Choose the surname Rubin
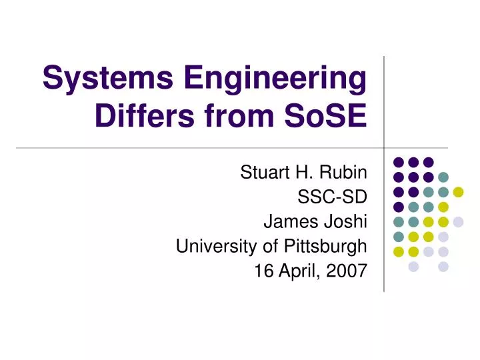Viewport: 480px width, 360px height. pyautogui.click(x=341, y=173)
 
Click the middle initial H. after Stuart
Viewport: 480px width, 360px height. pyautogui.click(x=301, y=173)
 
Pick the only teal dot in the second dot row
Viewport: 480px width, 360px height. pyautogui.click(x=443, y=177)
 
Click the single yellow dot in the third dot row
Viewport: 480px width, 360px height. pyautogui.click(x=458, y=192)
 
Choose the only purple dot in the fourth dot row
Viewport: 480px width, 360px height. pyautogui.click(x=399, y=207)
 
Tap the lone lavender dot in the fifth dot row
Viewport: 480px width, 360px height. pyautogui.click(x=458, y=222)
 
